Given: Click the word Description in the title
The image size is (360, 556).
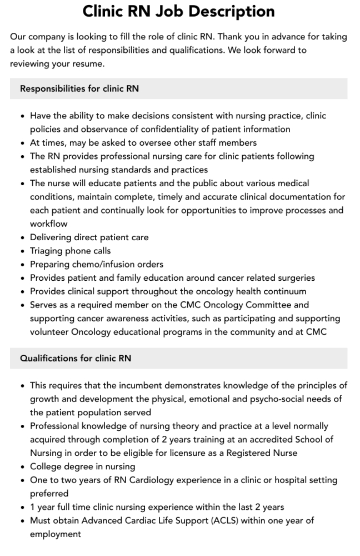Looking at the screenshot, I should click(x=228, y=11).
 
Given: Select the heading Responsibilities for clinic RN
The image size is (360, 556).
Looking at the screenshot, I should click(x=79, y=88).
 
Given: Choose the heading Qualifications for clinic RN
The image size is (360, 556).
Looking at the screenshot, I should click(x=76, y=359).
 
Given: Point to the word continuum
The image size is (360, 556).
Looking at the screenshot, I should click(x=283, y=291).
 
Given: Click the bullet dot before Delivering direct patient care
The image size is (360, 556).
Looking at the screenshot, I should click(x=22, y=237).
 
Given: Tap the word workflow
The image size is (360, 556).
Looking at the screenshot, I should click(x=49, y=224).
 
